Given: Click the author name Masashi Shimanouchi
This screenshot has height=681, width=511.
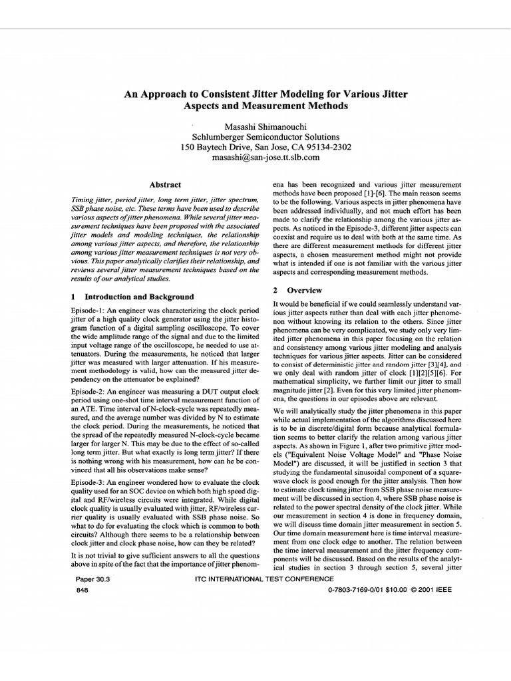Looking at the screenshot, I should [x=255, y=126].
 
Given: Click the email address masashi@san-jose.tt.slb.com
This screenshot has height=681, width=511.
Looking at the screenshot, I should [x=255, y=158].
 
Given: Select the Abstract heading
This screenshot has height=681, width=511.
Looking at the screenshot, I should [x=164, y=184].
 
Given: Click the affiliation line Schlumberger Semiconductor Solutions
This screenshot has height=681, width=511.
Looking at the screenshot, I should [x=255, y=136].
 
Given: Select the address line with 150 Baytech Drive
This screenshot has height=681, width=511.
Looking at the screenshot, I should [x=255, y=147].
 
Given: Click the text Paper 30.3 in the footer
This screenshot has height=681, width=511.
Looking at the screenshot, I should [x=93, y=579].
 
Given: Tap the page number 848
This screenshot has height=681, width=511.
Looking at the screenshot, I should [x=84, y=590].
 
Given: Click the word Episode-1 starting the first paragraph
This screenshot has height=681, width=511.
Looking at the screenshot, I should [x=88, y=311].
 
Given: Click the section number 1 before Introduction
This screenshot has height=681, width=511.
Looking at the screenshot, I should [x=73, y=297].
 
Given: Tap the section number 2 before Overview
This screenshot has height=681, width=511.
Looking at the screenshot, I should [x=275, y=291].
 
